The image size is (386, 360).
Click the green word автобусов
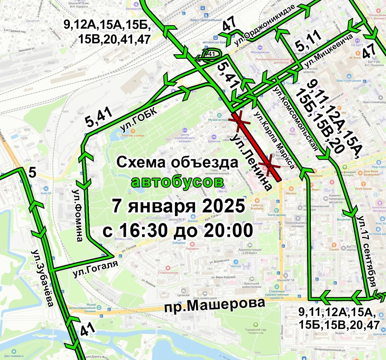point(177,182)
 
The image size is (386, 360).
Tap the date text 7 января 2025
point(179,206)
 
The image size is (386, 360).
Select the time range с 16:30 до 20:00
point(178,231)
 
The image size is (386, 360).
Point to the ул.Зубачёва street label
point(43,278)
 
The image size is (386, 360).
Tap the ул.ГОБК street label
point(139,119)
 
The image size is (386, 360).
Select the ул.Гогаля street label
point(95,269)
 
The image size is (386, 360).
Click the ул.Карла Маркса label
point(274,140)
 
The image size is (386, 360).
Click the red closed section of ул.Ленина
point(256,147)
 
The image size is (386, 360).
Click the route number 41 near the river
point(87,329)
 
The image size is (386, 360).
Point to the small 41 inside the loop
point(211,54)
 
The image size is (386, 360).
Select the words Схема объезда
point(177,162)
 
